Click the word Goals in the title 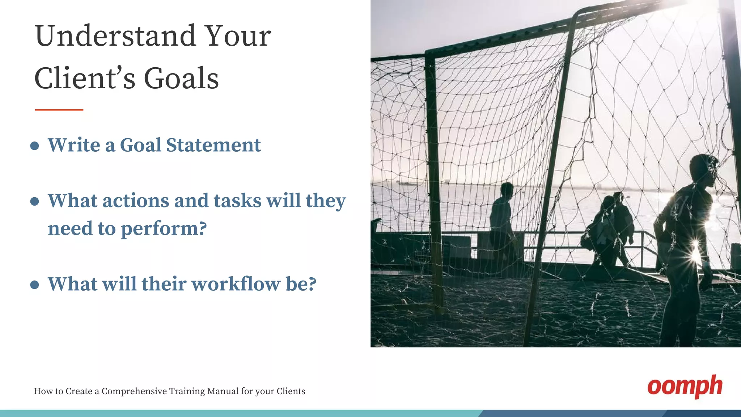(181, 79)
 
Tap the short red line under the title (59, 109)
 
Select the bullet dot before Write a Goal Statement (35, 146)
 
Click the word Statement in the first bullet (213, 146)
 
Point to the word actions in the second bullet (135, 201)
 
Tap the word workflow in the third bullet (236, 284)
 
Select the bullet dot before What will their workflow (35, 285)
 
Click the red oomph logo (685, 387)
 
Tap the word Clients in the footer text (291, 391)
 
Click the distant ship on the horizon (407, 182)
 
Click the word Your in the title (238, 36)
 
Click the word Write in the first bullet (74, 146)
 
